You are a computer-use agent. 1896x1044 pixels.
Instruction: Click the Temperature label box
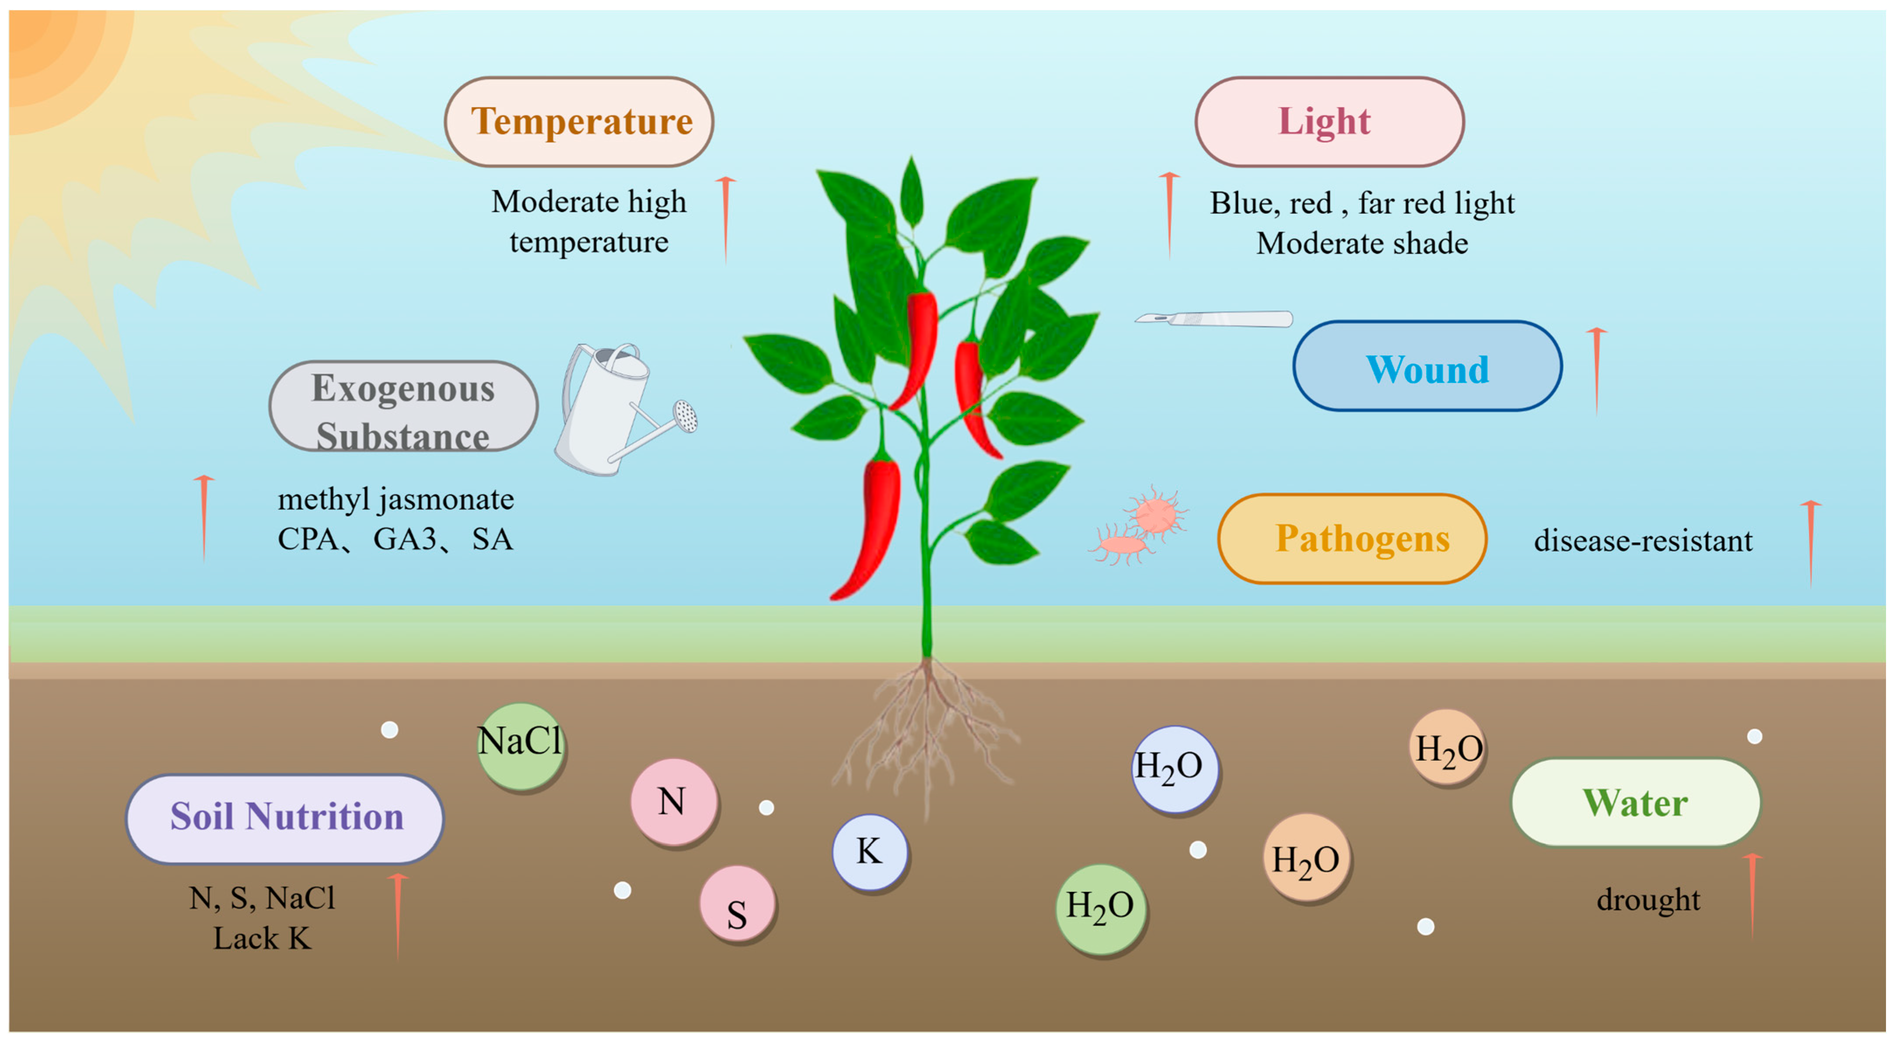click(x=579, y=122)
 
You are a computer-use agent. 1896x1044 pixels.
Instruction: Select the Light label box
click(x=1329, y=122)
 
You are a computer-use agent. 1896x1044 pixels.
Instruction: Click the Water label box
click(x=1636, y=803)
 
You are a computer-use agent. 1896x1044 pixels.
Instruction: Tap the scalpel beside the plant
click(x=1214, y=319)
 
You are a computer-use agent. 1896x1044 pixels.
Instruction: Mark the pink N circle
click(x=673, y=802)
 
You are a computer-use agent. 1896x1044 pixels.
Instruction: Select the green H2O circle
click(x=1100, y=908)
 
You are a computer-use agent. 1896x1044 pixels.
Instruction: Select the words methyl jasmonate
click(x=396, y=500)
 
